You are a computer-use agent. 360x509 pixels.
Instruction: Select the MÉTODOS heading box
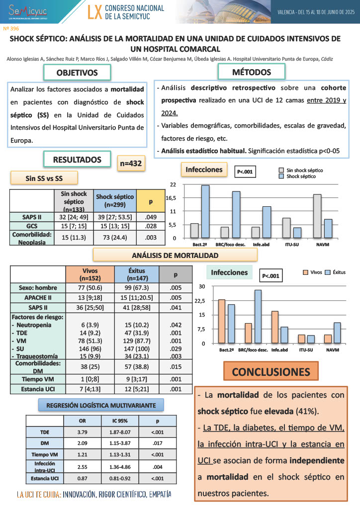point(252,72)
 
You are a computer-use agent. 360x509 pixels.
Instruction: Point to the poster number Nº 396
point(11,29)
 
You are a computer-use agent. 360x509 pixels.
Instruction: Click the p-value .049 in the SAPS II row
point(151,217)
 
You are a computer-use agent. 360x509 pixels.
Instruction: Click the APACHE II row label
point(38,297)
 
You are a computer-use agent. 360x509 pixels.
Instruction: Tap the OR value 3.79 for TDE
point(83,431)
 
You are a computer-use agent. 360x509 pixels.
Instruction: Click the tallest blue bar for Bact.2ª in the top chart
point(205,211)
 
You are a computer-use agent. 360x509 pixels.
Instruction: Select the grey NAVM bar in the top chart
point(317,216)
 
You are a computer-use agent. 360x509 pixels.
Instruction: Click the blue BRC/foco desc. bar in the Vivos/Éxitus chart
point(258,316)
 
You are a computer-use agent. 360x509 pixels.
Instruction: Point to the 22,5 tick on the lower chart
point(199,300)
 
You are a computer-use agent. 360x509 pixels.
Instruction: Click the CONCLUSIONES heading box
point(271,372)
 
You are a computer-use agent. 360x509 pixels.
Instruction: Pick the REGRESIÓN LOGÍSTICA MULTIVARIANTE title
point(101,406)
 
